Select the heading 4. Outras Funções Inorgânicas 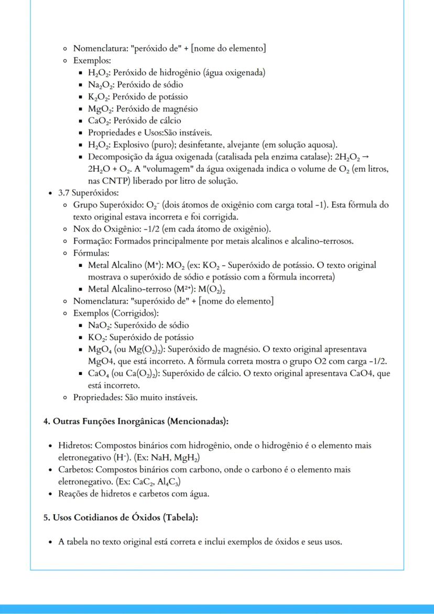pos(136,421)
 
